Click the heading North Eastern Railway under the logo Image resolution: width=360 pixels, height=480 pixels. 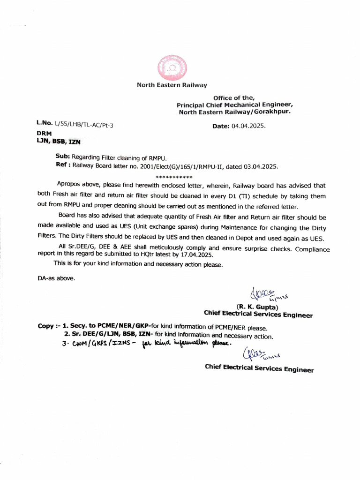pos(172,85)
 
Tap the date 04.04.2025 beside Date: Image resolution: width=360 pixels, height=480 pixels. pos(249,127)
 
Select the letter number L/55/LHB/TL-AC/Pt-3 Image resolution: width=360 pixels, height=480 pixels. pos(83,124)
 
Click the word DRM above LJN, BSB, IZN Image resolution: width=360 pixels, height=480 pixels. pos(44,133)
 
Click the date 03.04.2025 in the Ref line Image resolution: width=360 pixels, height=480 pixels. pos(261,166)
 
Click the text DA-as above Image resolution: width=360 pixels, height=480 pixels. pos(56,278)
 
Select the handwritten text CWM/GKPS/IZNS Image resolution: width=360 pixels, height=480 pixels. pos(98,345)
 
